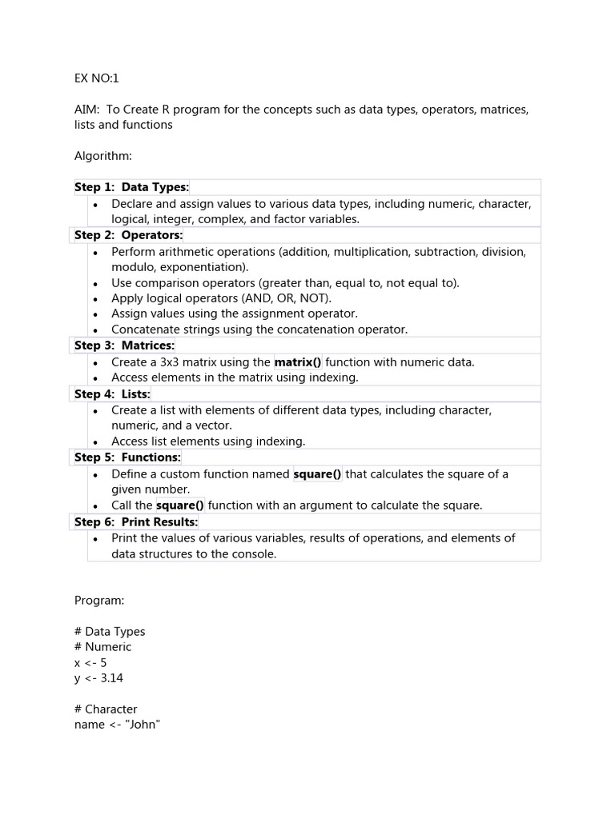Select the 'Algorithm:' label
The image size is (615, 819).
pyautogui.click(x=103, y=156)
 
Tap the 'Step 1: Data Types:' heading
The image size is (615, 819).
pyautogui.click(x=131, y=187)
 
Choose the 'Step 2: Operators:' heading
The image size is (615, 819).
pyautogui.click(x=128, y=235)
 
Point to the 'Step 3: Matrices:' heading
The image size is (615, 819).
pyautogui.click(x=124, y=346)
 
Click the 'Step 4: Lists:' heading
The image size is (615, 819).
pyautogui.click(x=112, y=394)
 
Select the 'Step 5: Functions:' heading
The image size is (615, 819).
pyautogui.click(x=127, y=457)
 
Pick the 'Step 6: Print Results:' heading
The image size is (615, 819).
pyautogui.click(x=136, y=521)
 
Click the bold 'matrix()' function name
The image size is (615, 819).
pyautogui.click(x=298, y=362)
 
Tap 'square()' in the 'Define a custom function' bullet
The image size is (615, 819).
pyautogui.click(x=317, y=474)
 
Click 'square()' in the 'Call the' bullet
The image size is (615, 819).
pyautogui.click(x=179, y=505)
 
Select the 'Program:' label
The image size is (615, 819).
pyautogui.click(x=99, y=600)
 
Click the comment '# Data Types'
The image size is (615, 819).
pyautogui.click(x=110, y=631)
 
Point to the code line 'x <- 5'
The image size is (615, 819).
pyautogui.click(x=90, y=662)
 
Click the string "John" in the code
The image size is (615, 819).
pyautogui.click(x=143, y=725)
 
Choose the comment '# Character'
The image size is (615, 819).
pyautogui.click(x=106, y=709)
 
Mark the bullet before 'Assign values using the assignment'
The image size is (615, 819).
pyautogui.click(x=96, y=314)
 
